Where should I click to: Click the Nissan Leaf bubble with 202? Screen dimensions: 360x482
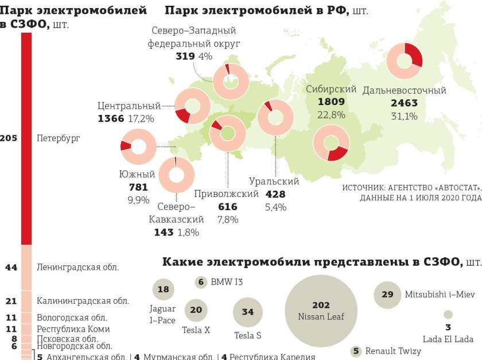pyautogui.click(x=321, y=311)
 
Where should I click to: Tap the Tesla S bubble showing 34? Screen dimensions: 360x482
pyautogui.click(x=248, y=312)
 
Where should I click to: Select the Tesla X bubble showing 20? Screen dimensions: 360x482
pyautogui.click(x=196, y=311)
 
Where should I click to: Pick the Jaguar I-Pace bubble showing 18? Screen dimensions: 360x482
pyautogui.click(x=164, y=289)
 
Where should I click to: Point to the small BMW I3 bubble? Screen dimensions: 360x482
pyautogui.click(x=201, y=282)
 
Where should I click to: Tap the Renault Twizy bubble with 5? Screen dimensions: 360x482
pyautogui.click(x=356, y=351)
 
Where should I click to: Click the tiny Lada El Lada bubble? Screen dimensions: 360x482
pyautogui.click(x=448, y=315)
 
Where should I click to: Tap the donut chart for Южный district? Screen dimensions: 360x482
pyautogui.click(x=138, y=146)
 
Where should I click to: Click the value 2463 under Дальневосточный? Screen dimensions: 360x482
pyautogui.click(x=404, y=103)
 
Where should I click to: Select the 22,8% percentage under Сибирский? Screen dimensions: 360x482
pyautogui.click(x=331, y=115)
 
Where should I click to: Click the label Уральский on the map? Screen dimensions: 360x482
pyautogui.click(x=274, y=181)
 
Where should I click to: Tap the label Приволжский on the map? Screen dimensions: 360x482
pyautogui.click(x=226, y=194)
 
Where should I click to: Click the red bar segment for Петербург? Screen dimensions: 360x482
pyautogui.click(x=26, y=138)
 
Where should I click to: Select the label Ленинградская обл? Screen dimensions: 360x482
pyautogui.click(x=77, y=267)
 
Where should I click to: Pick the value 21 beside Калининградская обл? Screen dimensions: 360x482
pyautogui.click(x=10, y=301)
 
